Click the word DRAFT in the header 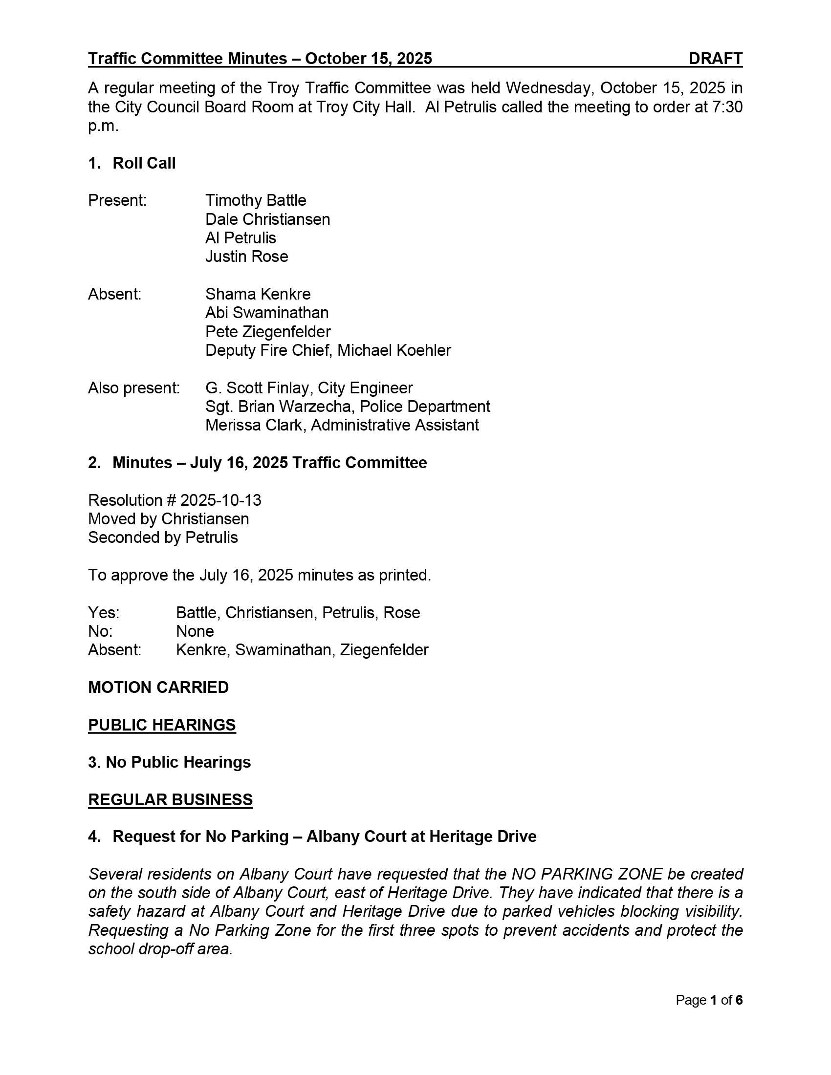(x=715, y=59)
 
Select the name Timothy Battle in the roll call (x=256, y=200)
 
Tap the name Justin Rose (x=246, y=257)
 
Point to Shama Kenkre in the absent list (x=258, y=294)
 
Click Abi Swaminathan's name (x=267, y=313)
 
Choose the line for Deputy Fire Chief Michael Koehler (x=328, y=350)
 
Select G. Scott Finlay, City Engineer (x=308, y=388)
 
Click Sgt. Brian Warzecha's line (x=347, y=407)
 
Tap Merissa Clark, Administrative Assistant (x=342, y=425)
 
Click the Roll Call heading (x=144, y=163)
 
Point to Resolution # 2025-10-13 (x=175, y=500)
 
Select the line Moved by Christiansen (x=168, y=519)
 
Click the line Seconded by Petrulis (x=162, y=537)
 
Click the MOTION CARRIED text (x=158, y=688)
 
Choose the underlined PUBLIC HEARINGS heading (x=162, y=725)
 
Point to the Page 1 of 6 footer (x=708, y=1000)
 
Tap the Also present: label (x=134, y=388)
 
